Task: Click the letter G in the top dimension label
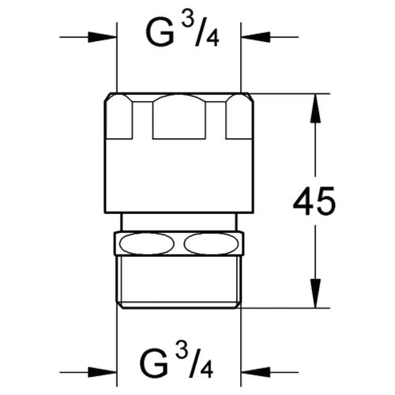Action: [x=160, y=35]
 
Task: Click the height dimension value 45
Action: [x=314, y=201]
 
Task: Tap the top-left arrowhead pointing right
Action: [x=102, y=37]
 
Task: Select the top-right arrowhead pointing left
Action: [x=256, y=37]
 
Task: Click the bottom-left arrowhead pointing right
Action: [x=102, y=372]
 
